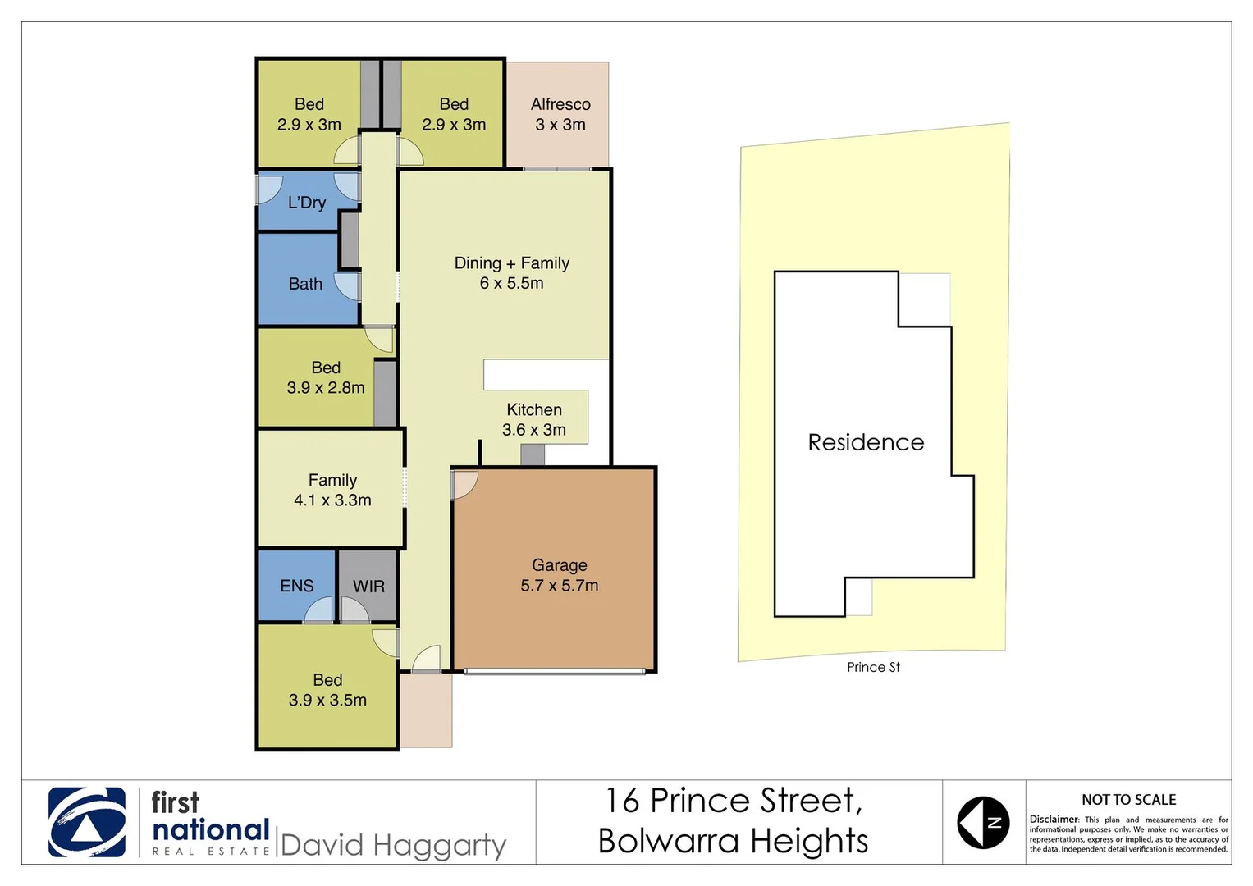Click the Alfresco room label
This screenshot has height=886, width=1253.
pyautogui.click(x=560, y=104)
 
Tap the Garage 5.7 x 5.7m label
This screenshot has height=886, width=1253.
pyautogui.click(x=560, y=575)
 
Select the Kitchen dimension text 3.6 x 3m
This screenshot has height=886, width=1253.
pyautogui.click(x=534, y=430)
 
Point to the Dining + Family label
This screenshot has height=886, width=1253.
pyautogui.click(x=512, y=263)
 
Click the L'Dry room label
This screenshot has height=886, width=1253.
pyautogui.click(x=307, y=203)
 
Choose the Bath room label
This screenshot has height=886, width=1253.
pyautogui.click(x=305, y=284)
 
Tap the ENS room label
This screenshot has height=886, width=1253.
pyautogui.click(x=296, y=586)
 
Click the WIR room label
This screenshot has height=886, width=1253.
pyautogui.click(x=368, y=587)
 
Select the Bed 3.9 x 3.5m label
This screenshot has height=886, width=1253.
pyautogui.click(x=327, y=690)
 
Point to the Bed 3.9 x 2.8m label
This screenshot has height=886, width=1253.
pyautogui.click(x=326, y=377)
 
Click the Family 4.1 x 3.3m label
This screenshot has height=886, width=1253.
pyautogui.click(x=332, y=490)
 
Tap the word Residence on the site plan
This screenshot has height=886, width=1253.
pyautogui.click(x=866, y=442)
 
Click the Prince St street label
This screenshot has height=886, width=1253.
pyautogui.click(x=873, y=667)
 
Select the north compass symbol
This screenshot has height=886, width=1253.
pyautogui.click(x=983, y=822)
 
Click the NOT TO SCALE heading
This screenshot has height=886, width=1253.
pyautogui.click(x=1128, y=799)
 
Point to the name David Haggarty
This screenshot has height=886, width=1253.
pyautogui.click(x=393, y=845)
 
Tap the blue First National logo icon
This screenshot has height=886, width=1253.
pyautogui.click(x=87, y=822)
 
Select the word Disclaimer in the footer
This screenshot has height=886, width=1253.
pyautogui.click(x=1054, y=819)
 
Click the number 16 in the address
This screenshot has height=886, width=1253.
pyautogui.click(x=623, y=801)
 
